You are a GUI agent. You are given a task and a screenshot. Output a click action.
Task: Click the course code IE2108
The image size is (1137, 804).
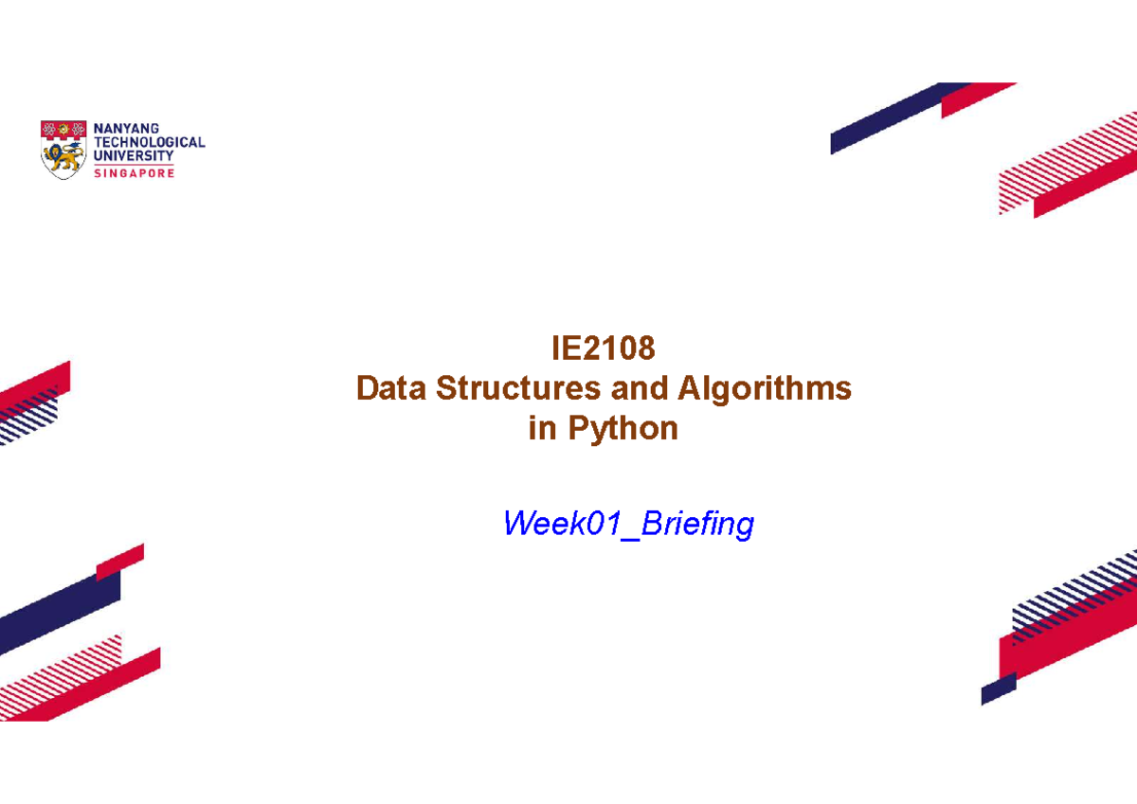pos(604,349)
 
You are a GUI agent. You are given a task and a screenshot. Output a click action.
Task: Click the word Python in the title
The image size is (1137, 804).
pos(623,429)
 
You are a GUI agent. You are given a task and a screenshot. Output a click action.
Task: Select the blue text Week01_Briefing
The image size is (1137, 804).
pos(628,523)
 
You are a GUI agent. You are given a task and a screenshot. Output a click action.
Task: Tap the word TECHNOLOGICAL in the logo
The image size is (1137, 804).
pos(150,142)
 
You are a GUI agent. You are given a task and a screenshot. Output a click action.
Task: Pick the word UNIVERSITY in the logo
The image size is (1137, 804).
pos(134,155)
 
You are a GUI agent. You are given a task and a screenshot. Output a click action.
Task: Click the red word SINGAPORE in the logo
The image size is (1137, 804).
pos(134,173)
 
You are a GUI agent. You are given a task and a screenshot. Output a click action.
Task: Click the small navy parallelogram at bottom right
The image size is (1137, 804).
pos(998,688)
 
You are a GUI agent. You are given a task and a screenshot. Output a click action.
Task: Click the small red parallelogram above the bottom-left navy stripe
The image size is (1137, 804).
pos(119,561)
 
